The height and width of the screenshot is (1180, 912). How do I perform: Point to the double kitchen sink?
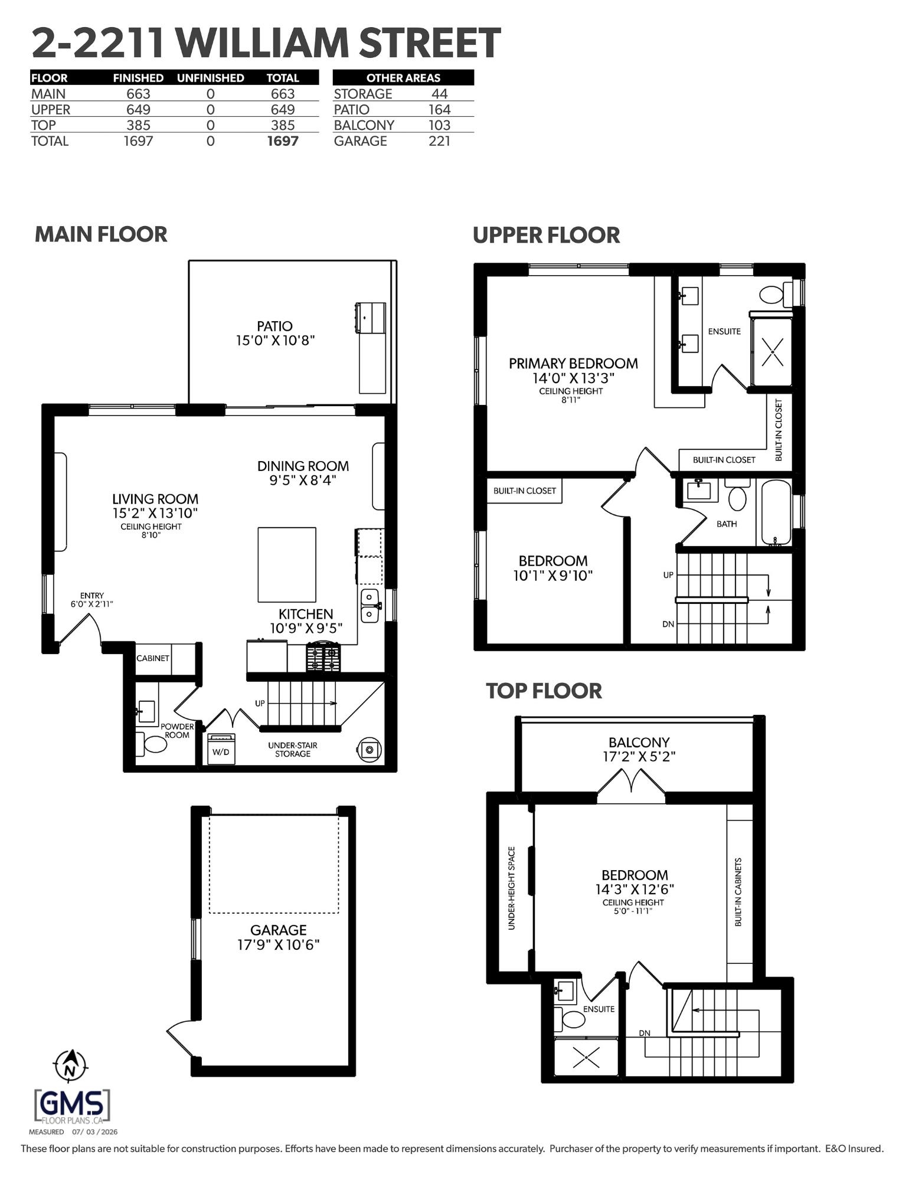tap(370, 606)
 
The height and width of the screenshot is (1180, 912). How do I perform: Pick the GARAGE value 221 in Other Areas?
tap(439, 140)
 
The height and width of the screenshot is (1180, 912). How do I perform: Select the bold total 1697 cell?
tap(283, 140)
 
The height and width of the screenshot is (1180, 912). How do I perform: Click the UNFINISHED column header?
tap(210, 78)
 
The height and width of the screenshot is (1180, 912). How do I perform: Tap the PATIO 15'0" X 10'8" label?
tap(274, 333)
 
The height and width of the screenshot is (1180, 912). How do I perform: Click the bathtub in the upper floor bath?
tap(774, 512)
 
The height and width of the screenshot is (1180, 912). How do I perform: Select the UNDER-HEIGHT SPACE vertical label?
tap(511, 888)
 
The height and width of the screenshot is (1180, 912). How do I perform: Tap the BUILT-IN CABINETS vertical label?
tap(738, 892)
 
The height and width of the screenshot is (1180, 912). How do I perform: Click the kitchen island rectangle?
tap(287, 564)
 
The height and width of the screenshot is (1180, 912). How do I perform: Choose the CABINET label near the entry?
tap(153, 658)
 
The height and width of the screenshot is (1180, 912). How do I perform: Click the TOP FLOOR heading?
tap(544, 691)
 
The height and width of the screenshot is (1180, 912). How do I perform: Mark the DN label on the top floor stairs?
tap(645, 1033)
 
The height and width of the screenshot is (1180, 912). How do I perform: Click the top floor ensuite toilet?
tap(568, 1018)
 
